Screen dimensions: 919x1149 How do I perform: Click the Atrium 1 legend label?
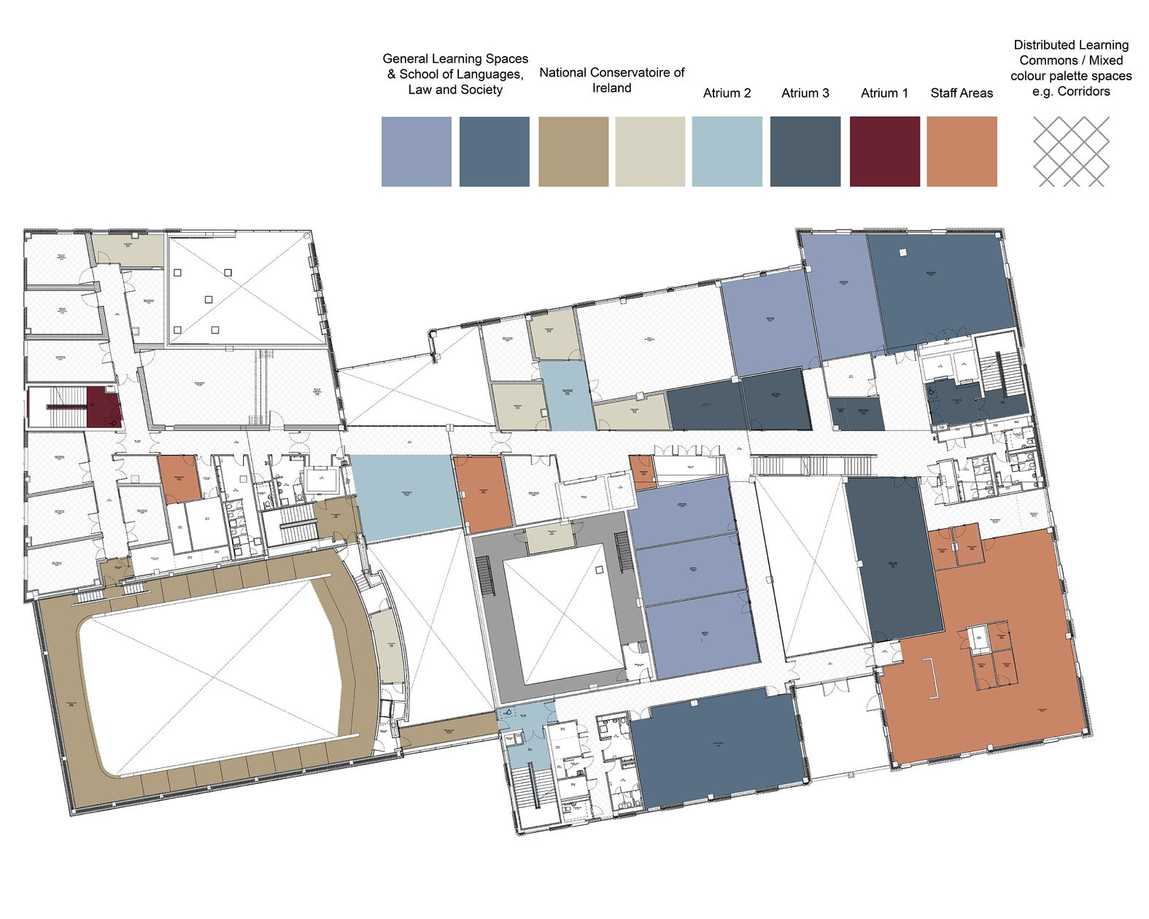[x=884, y=93]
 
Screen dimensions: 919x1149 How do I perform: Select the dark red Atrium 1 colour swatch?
[x=884, y=152]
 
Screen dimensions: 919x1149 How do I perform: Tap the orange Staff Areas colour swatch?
[x=962, y=152]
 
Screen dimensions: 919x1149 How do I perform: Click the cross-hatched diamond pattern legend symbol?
[x=1071, y=152]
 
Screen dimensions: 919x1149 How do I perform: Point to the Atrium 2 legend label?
[x=727, y=93]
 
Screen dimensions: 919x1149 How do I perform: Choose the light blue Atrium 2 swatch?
[x=727, y=152]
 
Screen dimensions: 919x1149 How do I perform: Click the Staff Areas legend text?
[x=962, y=93]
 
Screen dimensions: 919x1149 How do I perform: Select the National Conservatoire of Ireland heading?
[x=611, y=80]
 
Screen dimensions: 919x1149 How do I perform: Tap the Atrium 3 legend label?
[x=805, y=93]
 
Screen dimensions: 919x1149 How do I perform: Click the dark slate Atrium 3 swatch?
[x=805, y=152]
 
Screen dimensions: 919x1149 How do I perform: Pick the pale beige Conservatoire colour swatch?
[x=650, y=152]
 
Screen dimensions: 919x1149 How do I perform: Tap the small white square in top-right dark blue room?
[x=902, y=252]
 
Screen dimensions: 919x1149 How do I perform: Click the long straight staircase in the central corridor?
[x=813, y=465]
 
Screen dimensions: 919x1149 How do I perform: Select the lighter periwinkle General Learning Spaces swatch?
[x=416, y=152]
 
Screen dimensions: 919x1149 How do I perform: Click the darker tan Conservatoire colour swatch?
[x=573, y=152]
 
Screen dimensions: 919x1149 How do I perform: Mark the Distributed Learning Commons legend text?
[x=1071, y=68]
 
